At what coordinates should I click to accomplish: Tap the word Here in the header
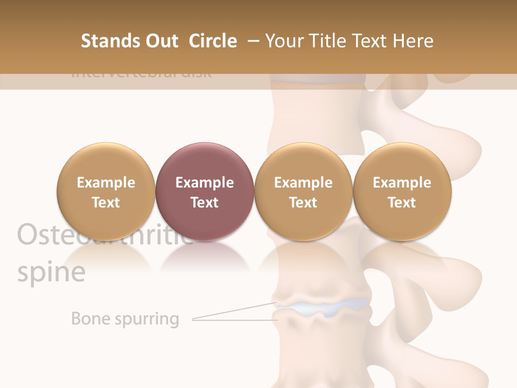tap(414, 41)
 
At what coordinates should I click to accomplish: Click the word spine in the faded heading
tap(51, 273)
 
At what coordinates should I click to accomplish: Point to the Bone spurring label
tap(125, 318)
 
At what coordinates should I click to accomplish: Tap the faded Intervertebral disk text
tap(141, 74)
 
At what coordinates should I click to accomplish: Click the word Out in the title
tap(161, 41)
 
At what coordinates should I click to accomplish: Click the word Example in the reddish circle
tap(204, 183)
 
